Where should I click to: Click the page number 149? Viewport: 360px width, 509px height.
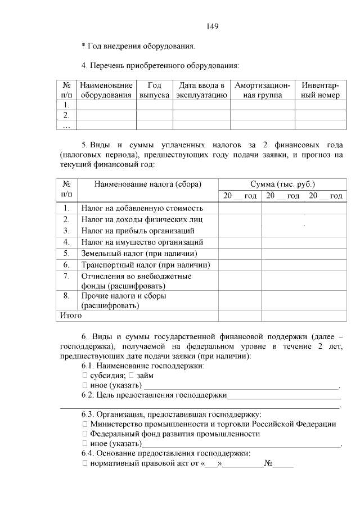pyautogui.click(x=212, y=26)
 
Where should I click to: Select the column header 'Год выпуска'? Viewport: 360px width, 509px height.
pyautogui.click(x=155, y=91)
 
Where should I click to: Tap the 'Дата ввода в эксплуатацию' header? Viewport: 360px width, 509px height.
pyautogui.click(x=201, y=91)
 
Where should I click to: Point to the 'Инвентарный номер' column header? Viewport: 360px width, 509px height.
pyautogui.click(x=320, y=91)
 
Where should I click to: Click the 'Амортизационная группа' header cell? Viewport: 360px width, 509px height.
pyautogui.click(x=263, y=91)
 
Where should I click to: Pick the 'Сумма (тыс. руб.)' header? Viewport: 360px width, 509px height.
pyautogui.click(x=282, y=184)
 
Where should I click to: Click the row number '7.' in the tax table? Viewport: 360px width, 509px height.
pyautogui.click(x=66, y=276)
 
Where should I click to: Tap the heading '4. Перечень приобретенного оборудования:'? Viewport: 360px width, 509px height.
pyautogui.click(x=160, y=65)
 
